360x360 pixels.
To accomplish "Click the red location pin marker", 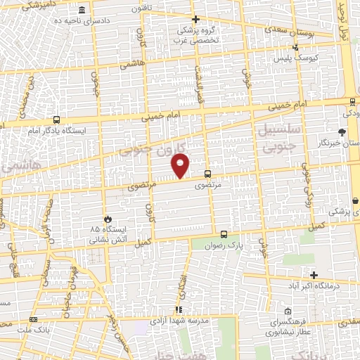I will [181, 166].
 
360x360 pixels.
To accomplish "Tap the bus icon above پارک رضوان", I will [224, 235].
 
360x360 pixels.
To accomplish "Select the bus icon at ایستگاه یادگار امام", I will [56, 120].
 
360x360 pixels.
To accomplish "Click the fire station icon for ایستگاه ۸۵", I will [108, 219].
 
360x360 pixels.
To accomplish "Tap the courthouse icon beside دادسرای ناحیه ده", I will [83, 11].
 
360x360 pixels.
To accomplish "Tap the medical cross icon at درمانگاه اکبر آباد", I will [314, 275].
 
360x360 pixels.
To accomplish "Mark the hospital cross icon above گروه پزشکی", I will [195, 19].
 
